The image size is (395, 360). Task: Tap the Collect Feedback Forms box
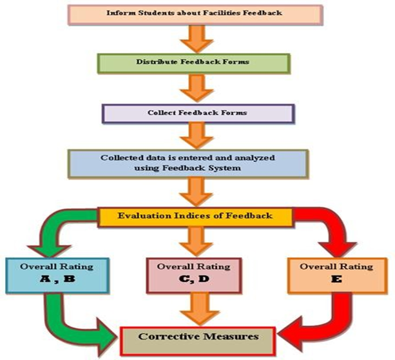point(197,112)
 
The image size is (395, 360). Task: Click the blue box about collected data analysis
point(197,163)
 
